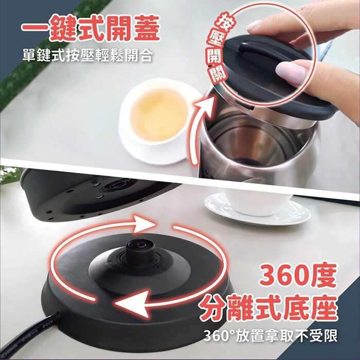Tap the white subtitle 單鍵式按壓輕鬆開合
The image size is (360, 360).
[87, 55]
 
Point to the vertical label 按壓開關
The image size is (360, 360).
[218, 47]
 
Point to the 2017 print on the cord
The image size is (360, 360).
[47, 326]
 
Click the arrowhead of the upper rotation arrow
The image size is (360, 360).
[144, 224]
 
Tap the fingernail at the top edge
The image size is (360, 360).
[255, 25]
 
